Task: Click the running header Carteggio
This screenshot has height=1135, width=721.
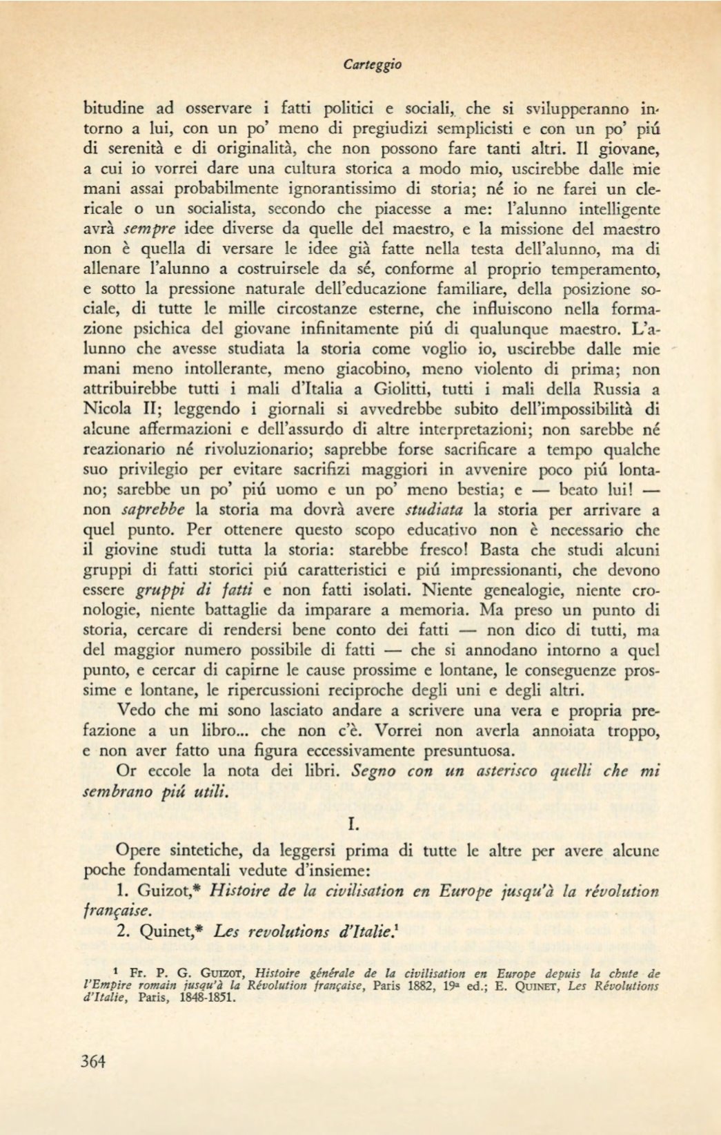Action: click(x=372, y=65)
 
